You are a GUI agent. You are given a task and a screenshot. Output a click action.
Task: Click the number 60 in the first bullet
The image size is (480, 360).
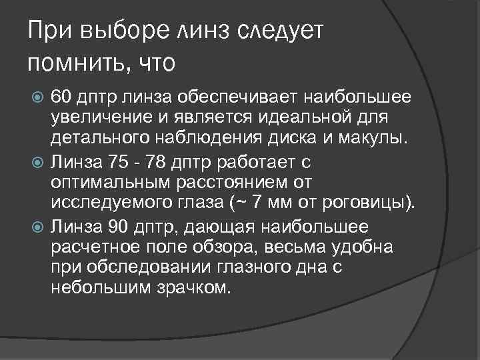pos(61,98)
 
